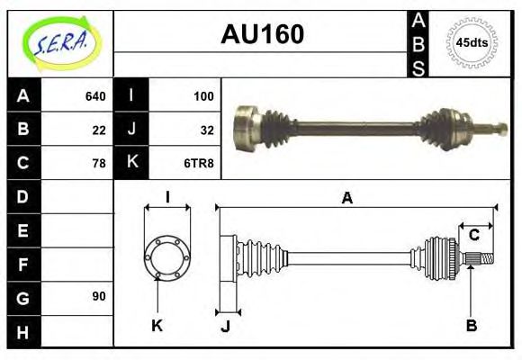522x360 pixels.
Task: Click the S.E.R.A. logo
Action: point(59,42)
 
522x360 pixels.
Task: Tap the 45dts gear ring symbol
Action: point(471,42)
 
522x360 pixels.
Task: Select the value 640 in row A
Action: point(95,96)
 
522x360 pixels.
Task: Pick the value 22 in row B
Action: point(99,130)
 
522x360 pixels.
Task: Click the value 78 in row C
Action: point(99,163)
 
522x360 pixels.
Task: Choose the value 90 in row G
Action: point(99,296)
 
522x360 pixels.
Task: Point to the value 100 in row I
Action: point(203,96)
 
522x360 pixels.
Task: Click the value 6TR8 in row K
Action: point(200,163)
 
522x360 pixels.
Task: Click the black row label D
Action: point(22,196)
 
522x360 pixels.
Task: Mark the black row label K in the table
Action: point(132,163)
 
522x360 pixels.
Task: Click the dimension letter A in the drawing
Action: point(346,199)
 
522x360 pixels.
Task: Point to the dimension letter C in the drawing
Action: point(473,236)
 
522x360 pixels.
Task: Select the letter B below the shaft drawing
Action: point(471,325)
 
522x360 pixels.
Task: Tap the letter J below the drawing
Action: point(225,326)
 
